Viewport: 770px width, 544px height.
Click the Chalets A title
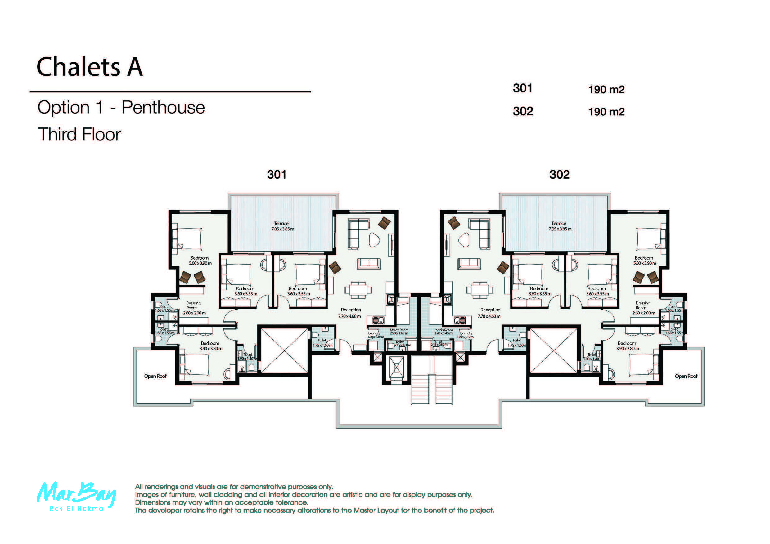point(90,67)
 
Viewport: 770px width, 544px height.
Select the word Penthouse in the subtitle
point(163,108)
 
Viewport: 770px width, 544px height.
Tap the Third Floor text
point(79,134)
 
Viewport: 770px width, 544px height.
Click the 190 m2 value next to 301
point(606,90)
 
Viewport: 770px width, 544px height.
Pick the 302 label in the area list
point(523,111)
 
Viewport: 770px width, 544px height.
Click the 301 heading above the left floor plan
point(277,174)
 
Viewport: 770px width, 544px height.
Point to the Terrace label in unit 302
point(559,226)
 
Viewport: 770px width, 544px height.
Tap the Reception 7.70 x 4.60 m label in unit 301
point(350,313)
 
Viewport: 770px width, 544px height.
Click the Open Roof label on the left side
point(155,376)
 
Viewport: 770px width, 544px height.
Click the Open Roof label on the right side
point(686,376)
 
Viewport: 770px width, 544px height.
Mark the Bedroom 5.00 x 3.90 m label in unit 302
point(644,261)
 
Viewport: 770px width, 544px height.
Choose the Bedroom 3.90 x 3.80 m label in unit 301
point(210,346)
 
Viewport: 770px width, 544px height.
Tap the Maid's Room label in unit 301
point(399,332)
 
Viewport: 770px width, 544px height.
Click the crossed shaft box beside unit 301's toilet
point(284,350)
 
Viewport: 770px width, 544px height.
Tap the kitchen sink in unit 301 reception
point(378,320)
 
